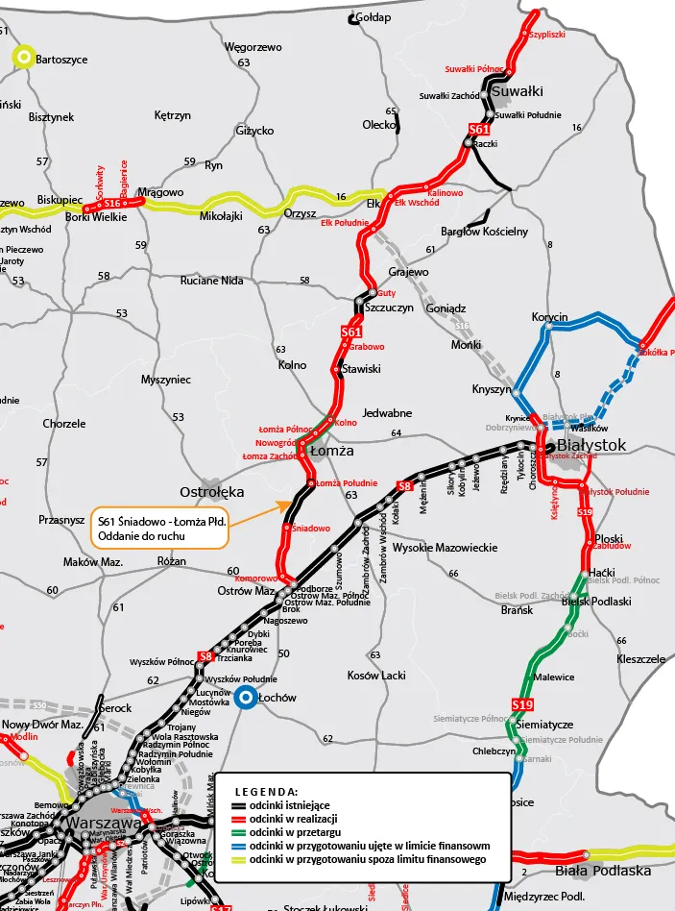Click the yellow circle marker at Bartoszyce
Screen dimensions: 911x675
pos(21,59)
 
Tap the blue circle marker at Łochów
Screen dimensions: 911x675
pos(246,698)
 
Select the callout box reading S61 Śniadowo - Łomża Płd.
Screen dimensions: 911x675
pos(160,527)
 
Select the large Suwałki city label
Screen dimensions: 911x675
pos(518,91)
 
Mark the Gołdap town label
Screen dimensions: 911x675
pos(374,17)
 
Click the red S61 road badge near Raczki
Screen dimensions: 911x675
pos(479,129)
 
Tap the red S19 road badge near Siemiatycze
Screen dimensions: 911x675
pos(521,704)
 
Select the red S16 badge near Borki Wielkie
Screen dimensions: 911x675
pos(112,203)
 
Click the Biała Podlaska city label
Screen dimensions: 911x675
pos(603,871)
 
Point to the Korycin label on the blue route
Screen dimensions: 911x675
pos(550,317)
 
